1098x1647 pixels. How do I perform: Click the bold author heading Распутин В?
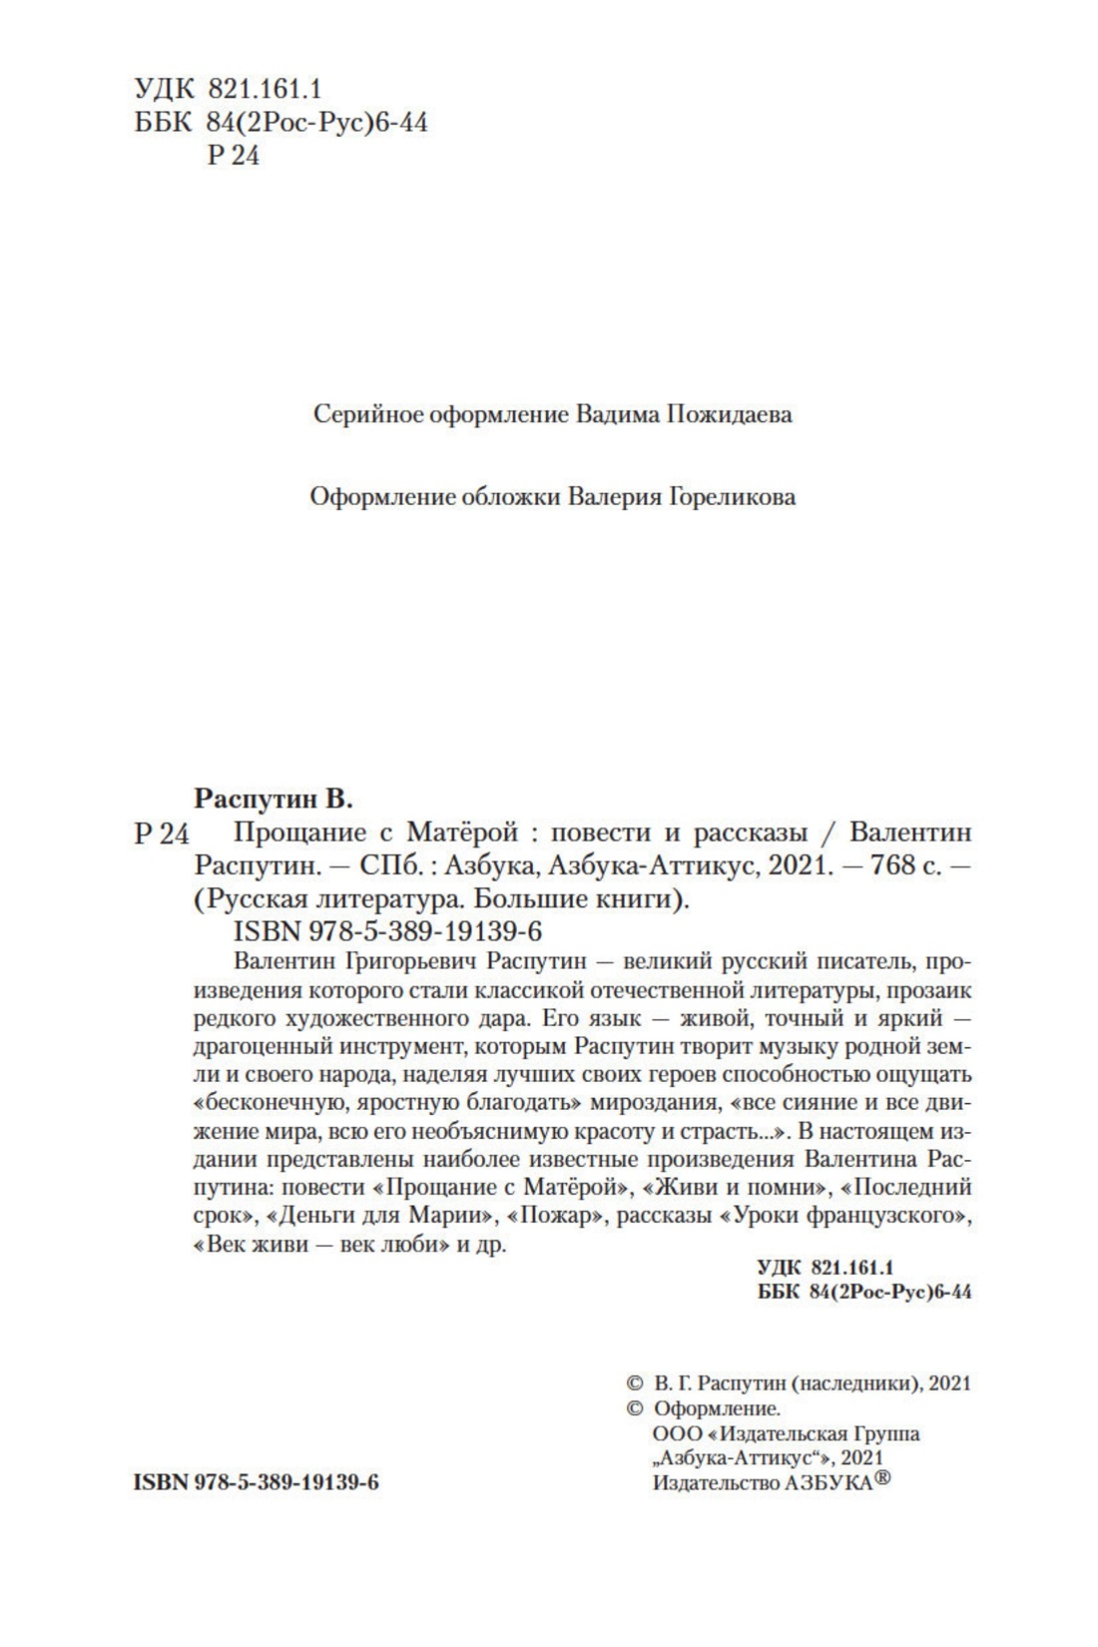[x=274, y=799]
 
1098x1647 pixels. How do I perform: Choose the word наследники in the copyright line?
[x=853, y=1383]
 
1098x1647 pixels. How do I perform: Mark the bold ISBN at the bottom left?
[x=256, y=1482]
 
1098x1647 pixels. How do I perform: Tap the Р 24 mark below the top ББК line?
[x=232, y=156]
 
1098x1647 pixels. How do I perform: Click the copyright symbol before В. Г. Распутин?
[x=634, y=1383]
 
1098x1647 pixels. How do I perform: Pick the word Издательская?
[x=790, y=1433]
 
